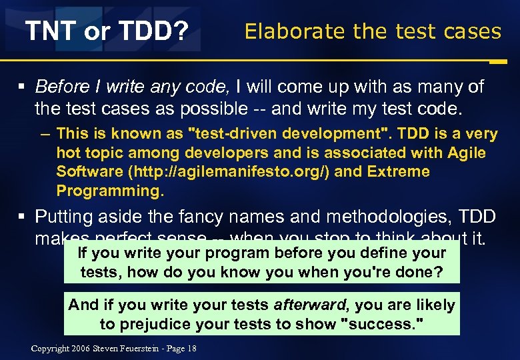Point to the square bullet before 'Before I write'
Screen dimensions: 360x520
[x=23, y=88]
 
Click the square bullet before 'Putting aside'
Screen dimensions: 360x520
[x=23, y=217]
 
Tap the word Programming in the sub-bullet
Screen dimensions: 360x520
[x=109, y=191]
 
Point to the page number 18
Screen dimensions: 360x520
[x=192, y=349]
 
